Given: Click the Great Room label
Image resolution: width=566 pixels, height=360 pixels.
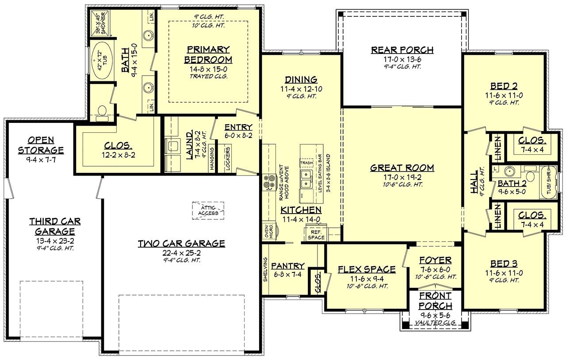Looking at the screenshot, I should click(x=402, y=168).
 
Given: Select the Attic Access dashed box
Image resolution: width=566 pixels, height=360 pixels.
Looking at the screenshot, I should click(x=208, y=210).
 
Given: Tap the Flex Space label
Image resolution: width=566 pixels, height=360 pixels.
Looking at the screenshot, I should click(x=367, y=269).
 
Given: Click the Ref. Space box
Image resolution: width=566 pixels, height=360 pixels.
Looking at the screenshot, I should click(x=317, y=234).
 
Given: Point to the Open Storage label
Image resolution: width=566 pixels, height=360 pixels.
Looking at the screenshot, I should click(x=41, y=145).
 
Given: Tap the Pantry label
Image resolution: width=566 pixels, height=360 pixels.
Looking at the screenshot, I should click(x=287, y=266).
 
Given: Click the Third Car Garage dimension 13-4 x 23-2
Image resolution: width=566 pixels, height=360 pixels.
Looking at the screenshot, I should click(x=55, y=241).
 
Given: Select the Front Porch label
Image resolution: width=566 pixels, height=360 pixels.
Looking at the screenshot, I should click(x=436, y=300).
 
